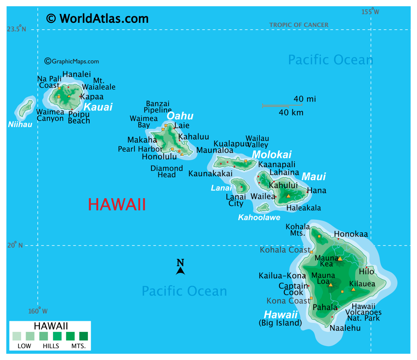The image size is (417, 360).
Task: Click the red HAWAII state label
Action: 117,205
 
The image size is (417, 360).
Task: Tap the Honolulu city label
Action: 159,157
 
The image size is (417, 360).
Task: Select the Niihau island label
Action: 20,124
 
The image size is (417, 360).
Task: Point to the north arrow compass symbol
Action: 180,267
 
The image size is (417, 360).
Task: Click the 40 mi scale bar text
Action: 305,99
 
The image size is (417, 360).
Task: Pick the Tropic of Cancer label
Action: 298,25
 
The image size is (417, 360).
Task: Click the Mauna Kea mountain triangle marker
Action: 340,258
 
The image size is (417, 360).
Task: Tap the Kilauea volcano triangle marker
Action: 353,289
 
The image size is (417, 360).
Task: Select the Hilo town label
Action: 367,272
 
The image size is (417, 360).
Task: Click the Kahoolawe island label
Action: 259,218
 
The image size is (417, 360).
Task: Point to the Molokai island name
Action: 272,155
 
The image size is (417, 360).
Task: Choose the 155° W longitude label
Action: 370,12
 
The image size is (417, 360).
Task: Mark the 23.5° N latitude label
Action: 16,29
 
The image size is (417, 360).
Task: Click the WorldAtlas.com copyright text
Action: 97,18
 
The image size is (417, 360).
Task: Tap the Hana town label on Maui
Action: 316,190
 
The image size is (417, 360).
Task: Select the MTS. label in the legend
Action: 79,346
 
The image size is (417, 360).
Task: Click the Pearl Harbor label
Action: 140,149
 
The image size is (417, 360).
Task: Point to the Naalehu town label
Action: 345,328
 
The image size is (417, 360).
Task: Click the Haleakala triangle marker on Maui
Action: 288,196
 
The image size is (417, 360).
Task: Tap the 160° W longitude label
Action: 38,311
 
